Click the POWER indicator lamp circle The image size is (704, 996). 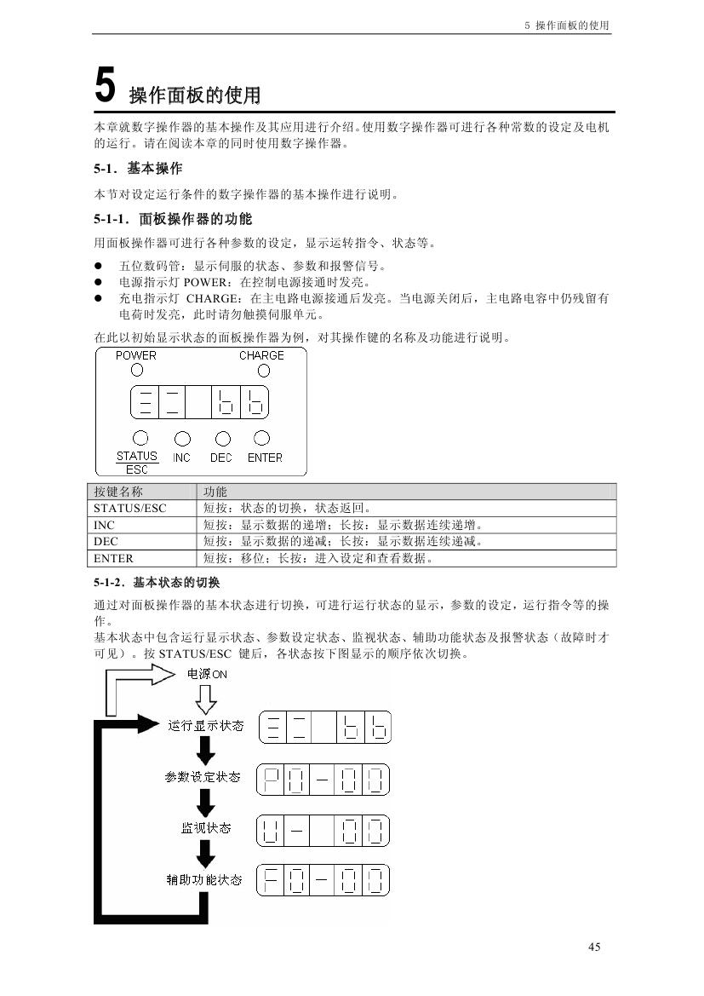point(137,371)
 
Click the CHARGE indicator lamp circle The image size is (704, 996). point(264,371)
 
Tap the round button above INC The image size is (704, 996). point(181,439)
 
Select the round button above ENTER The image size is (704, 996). point(262,438)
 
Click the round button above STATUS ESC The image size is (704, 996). point(141,438)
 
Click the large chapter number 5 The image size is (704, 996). point(105,87)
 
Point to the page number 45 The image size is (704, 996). point(594,947)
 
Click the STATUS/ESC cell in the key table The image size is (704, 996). point(130,508)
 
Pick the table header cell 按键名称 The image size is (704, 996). point(118,492)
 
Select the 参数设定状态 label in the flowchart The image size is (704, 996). point(203,777)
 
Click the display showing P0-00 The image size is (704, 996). point(323,779)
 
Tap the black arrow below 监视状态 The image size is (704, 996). point(205,853)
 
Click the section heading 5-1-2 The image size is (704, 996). point(157,583)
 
